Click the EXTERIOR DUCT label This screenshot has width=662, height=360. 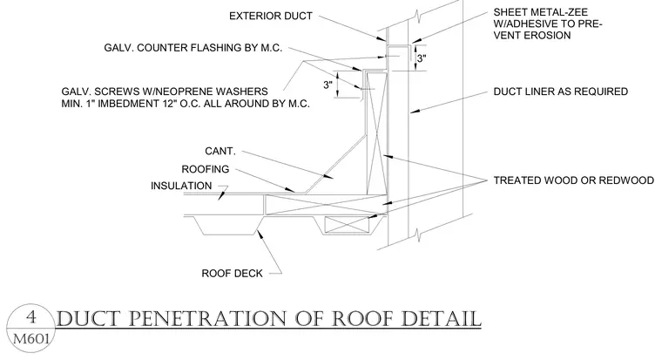pos(271,16)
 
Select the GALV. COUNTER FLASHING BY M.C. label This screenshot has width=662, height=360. pos(193,48)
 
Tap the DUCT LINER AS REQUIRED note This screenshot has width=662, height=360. pos(561,92)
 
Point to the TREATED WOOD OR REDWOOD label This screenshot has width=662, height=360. pos(574,180)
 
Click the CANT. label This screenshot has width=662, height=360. pos(220,152)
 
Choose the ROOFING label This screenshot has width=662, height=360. pos(206,169)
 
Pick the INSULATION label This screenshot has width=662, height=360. pos(181,186)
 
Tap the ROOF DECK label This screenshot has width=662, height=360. pos(232,274)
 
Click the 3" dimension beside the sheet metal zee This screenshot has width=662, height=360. pos(422,58)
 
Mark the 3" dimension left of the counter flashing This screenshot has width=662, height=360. pos(328,85)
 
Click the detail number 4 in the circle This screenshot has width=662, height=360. pos(31,317)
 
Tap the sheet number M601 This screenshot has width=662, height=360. pos(31,338)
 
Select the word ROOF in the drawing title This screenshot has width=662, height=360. pos(363,319)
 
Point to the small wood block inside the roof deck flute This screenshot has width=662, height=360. pos(348,224)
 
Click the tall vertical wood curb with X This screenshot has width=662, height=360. pos(376,134)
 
